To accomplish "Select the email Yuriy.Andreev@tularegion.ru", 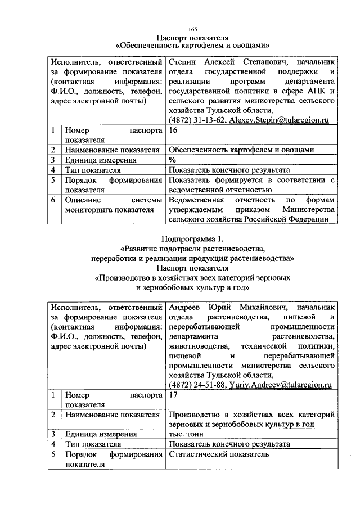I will (x=279, y=385).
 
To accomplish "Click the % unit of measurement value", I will (x=172, y=160).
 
